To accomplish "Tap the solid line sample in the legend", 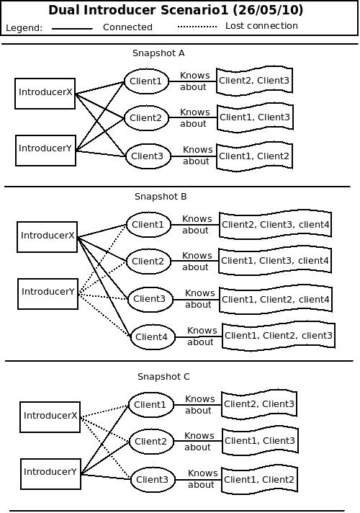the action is click(72, 29).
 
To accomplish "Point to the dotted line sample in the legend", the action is click(197, 27).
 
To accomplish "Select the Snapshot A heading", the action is click(158, 53).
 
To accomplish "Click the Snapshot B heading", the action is click(161, 197).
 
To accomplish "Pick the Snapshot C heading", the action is click(163, 377).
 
